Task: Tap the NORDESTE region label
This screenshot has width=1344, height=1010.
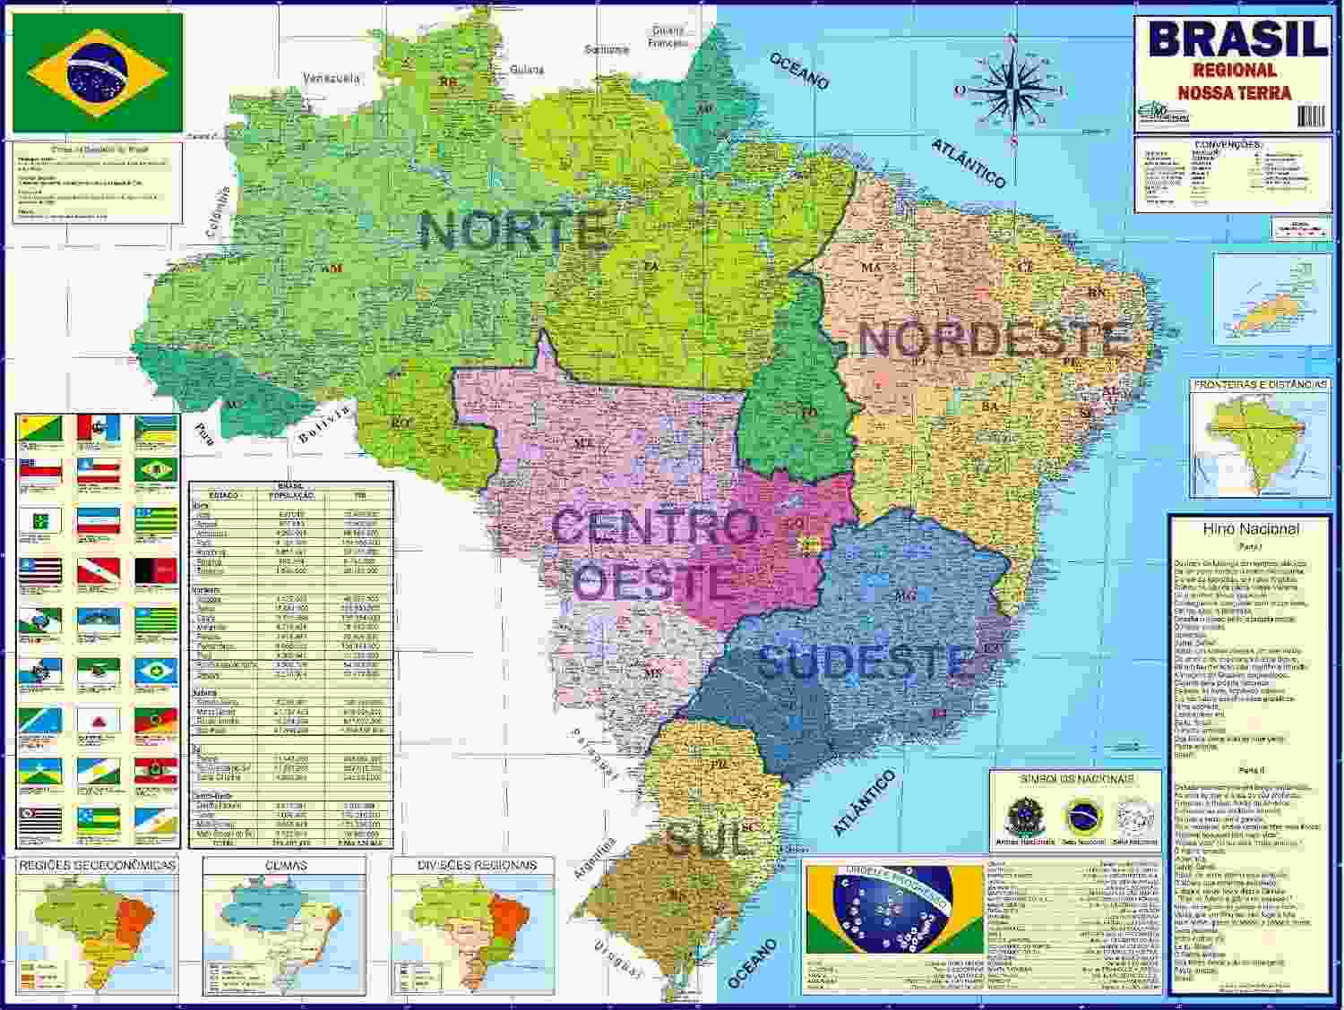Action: (992, 340)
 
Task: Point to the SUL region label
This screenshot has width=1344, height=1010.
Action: (707, 840)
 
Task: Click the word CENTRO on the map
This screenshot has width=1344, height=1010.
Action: (654, 526)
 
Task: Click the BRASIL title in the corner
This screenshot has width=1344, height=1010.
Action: (1237, 39)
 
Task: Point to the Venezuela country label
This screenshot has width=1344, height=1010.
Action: (332, 79)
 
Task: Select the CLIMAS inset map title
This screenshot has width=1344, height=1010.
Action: (286, 865)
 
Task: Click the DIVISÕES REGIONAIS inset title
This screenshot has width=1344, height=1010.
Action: (477, 865)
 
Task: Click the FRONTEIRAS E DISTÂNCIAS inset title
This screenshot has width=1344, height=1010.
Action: (1259, 384)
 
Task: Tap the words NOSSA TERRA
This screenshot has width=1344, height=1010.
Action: (1234, 92)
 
